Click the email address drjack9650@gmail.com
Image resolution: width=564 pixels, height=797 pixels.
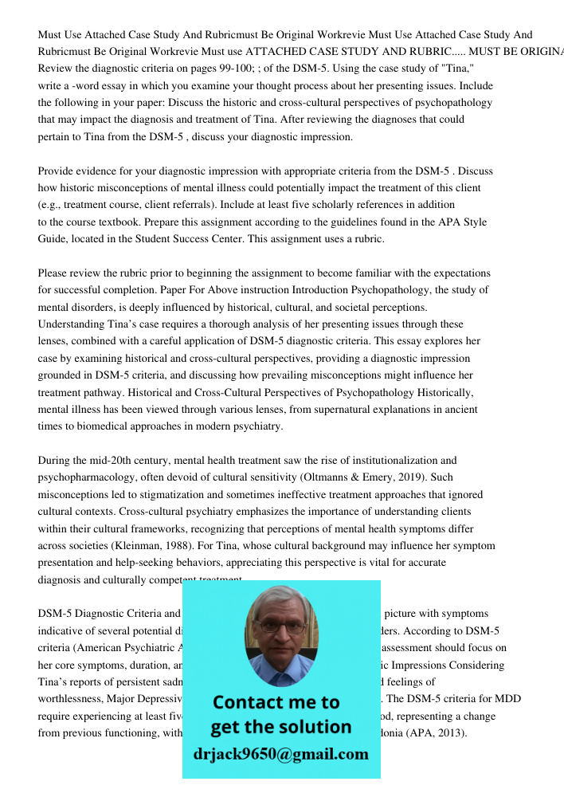pos(280,754)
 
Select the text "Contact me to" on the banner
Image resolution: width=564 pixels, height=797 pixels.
pos(276,702)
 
